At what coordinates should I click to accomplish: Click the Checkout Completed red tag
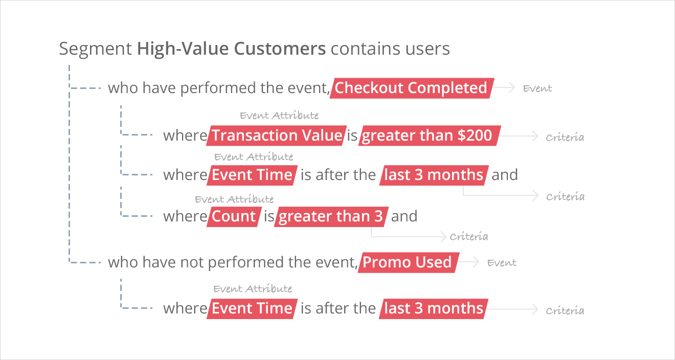click(412, 88)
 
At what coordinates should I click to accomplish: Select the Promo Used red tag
click(409, 262)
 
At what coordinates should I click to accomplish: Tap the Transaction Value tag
click(276, 136)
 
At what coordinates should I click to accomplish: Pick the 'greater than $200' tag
click(430, 136)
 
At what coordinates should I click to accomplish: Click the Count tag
click(234, 217)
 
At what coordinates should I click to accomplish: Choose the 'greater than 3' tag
click(331, 217)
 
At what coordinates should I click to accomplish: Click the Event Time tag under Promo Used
click(252, 308)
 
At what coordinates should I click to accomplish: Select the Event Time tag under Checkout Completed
click(252, 175)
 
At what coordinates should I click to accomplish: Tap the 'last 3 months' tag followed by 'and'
click(434, 175)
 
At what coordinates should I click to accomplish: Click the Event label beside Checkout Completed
click(537, 88)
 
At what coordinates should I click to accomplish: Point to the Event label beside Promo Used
click(502, 263)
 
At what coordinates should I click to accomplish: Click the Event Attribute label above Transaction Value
click(279, 116)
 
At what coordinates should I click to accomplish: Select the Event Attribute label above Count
click(234, 199)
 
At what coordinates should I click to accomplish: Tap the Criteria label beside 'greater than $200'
click(565, 138)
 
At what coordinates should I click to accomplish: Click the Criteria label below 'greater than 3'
click(469, 236)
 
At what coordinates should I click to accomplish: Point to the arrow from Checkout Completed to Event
click(504, 87)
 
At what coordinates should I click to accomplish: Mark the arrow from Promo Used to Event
click(468, 262)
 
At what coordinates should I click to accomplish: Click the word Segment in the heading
click(96, 49)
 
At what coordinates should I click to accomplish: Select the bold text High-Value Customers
click(232, 49)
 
